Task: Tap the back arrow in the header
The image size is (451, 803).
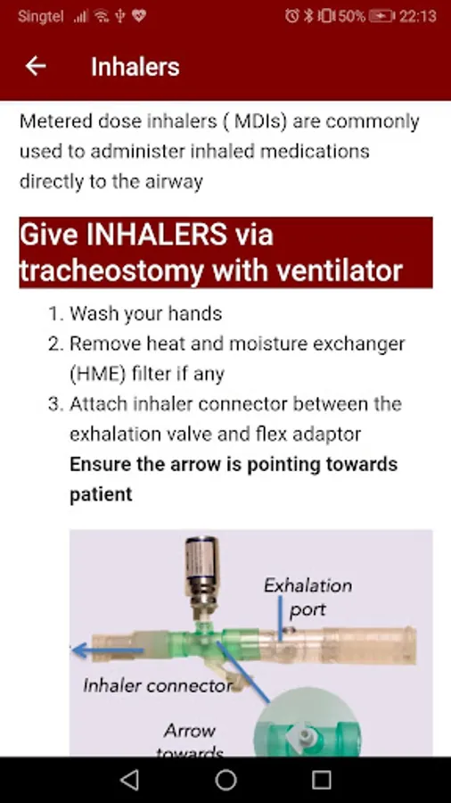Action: (36, 66)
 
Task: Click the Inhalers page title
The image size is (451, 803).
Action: (135, 67)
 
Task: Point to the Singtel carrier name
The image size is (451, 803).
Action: (41, 16)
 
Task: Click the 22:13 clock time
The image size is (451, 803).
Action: (418, 16)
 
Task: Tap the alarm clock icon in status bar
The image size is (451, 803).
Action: (292, 16)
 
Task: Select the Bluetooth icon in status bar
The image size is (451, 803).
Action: (307, 16)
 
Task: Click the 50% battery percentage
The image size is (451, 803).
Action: (351, 16)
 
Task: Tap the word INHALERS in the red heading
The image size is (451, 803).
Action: (157, 235)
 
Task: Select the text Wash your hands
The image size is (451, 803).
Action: (146, 313)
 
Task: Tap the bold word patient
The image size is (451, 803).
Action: (101, 494)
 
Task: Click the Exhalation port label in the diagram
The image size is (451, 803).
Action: (307, 597)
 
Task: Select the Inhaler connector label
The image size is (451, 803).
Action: (158, 685)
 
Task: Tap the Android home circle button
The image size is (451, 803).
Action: (225, 780)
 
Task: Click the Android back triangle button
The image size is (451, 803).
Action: (129, 780)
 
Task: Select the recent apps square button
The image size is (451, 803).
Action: (322, 780)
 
